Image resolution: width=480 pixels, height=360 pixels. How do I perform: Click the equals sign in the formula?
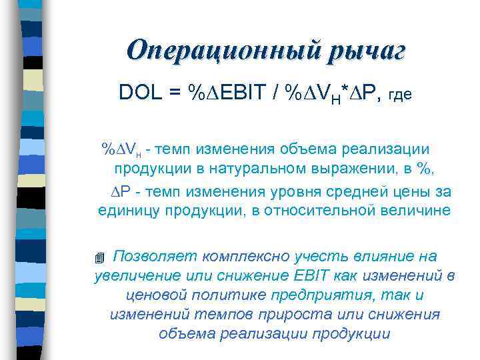175,93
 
